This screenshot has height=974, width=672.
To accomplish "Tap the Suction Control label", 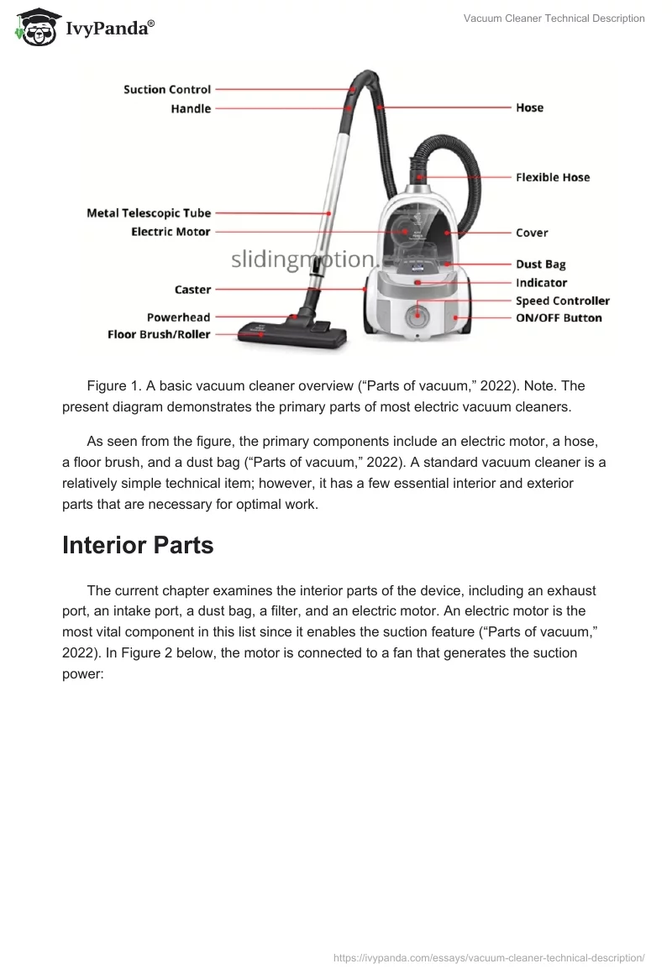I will point(167,89).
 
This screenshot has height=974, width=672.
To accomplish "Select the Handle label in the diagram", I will point(191,108).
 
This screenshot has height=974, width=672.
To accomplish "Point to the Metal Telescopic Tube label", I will point(149,212).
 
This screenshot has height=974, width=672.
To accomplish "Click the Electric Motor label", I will point(171,231).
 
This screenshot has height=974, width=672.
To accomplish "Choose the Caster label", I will point(192,289).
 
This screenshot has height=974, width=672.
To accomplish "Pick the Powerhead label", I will point(178,317).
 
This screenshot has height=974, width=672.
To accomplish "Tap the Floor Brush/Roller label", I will point(159,334).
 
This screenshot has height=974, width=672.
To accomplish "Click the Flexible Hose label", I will point(553,177).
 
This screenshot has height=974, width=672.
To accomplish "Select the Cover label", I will point(532,233).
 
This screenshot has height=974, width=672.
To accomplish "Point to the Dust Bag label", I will point(540,264).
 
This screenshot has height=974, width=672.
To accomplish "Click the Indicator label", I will point(541,283).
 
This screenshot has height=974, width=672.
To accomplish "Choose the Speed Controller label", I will point(563,301).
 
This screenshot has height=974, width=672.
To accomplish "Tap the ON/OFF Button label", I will point(559,318).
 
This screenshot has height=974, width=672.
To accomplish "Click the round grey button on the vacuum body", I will point(413,317).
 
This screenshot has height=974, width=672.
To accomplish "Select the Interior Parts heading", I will point(138,545).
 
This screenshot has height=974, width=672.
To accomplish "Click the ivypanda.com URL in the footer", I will point(489,957).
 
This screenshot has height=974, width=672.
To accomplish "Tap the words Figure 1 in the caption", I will point(113,385).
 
